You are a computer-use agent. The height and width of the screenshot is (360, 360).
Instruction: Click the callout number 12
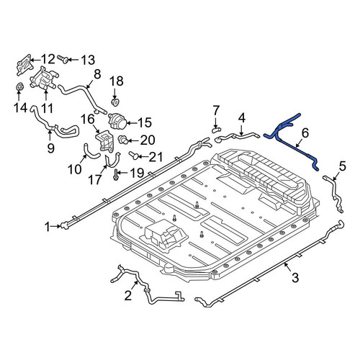pyautogui.click(x=48, y=59)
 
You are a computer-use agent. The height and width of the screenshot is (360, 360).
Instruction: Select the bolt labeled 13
pyautogui.click(x=63, y=59)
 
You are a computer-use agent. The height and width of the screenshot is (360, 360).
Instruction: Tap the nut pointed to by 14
pyautogui.click(x=19, y=87)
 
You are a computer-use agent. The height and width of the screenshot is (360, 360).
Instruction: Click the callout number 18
pyautogui.click(x=117, y=81)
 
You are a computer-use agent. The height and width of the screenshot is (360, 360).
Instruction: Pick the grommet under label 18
pyautogui.click(x=115, y=102)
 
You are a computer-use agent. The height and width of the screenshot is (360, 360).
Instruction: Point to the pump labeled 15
pyautogui.click(x=117, y=121)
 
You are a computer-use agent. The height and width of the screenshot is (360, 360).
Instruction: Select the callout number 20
pyautogui.click(x=148, y=140)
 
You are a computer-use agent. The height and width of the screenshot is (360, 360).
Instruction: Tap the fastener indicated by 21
pyautogui.click(x=134, y=156)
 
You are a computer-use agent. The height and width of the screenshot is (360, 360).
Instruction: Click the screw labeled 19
pyautogui.click(x=116, y=175)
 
